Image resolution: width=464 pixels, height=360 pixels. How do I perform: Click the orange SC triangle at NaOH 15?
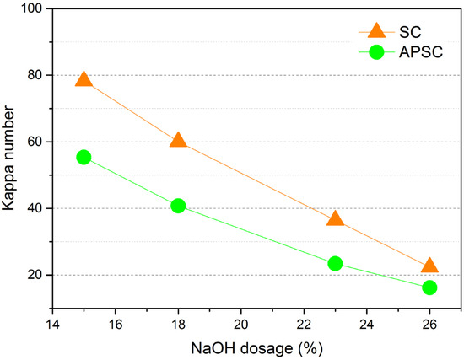pos(84,79)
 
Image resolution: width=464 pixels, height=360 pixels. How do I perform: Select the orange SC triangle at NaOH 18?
pos(178,140)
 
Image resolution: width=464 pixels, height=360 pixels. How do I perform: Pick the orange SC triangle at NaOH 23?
pos(335,218)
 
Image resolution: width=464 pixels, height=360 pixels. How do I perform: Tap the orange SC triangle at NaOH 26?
pos(429,266)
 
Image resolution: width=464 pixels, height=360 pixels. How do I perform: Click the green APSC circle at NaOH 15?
pos(84,157)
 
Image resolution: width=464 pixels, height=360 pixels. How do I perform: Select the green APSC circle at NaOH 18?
pos(178,206)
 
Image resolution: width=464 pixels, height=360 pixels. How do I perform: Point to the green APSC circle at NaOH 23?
pos(335,264)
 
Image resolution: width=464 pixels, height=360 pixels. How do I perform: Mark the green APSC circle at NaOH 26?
pos(429,287)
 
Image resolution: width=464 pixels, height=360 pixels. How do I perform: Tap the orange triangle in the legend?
pos(376,31)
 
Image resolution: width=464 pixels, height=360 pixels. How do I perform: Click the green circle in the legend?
pos(376,52)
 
